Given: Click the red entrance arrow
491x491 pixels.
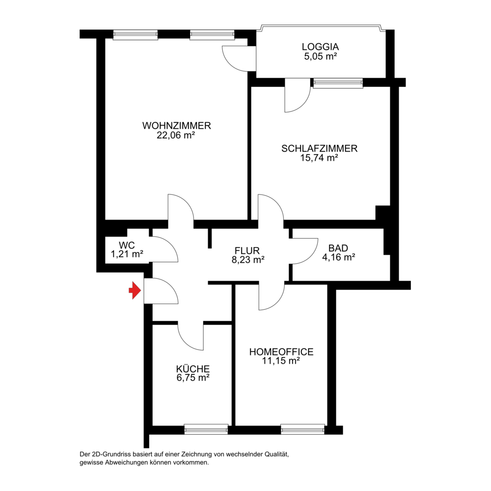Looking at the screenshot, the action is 135,291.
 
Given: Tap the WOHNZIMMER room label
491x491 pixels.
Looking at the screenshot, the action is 177,126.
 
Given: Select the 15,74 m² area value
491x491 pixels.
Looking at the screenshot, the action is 319,158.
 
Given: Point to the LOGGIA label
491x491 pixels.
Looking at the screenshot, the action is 320,47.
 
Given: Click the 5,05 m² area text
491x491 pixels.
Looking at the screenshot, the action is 320,56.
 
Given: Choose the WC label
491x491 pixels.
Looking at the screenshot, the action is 127,245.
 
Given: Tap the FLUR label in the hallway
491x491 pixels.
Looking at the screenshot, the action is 247,250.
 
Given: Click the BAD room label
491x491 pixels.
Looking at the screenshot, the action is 338,248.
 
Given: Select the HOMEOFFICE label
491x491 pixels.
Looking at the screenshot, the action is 281,352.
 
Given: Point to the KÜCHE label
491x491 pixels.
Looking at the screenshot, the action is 193,369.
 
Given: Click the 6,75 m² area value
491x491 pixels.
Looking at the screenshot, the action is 193,378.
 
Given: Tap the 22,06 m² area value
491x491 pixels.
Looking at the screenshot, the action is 176,136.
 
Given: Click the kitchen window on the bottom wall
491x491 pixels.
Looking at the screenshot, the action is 206,429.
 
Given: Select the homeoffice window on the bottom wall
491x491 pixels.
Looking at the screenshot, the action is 302,429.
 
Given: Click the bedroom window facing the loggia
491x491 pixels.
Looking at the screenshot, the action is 338,83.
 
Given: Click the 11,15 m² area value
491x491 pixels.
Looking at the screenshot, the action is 281,361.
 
